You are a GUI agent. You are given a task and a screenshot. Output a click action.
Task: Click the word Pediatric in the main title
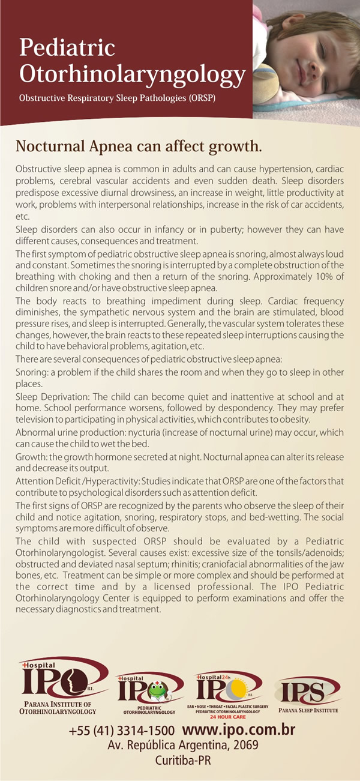pyautogui.click(x=67, y=47)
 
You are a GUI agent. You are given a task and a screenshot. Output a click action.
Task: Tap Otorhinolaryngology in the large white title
pyautogui.click(x=132, y=74)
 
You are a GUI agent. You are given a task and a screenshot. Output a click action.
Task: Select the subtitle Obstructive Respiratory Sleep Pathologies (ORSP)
pyautogui.click(x=117, y=97)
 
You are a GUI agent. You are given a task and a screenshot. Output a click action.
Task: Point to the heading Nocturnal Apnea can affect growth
pyautogui.click(x=139, y=146)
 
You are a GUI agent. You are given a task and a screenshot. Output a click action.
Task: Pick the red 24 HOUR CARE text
pyautogui.click(x=227, y=717)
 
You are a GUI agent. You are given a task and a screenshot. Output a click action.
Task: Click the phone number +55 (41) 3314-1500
pyautogui.click(x=122, y=731)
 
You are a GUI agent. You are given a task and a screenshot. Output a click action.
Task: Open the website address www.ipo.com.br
pyautogui.click(x=238, y=731)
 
